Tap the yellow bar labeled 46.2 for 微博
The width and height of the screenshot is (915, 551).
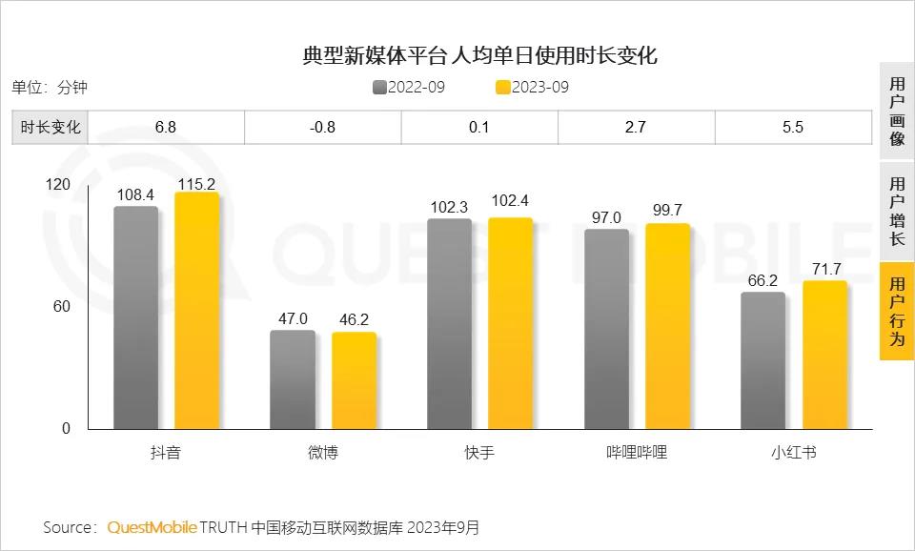[354, 380]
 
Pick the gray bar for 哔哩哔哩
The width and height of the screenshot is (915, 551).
[606, 329]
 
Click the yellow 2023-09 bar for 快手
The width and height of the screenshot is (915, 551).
[510, 323]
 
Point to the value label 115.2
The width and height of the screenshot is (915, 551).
[196, 184]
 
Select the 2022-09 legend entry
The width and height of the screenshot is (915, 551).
[409, 88]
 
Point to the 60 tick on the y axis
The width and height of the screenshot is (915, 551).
[60, 306]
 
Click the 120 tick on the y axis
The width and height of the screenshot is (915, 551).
[57, 184]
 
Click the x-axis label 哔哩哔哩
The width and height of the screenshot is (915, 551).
[637, 452]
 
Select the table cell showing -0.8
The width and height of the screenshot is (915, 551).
[322, 127]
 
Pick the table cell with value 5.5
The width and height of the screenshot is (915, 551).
[792, 127]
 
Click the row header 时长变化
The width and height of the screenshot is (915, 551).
[51, 127]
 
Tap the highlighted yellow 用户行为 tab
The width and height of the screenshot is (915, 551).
[896, 312]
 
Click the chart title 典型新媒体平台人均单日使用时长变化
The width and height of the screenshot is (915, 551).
[479, 55]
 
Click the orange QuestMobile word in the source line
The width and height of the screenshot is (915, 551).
[152, 527]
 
